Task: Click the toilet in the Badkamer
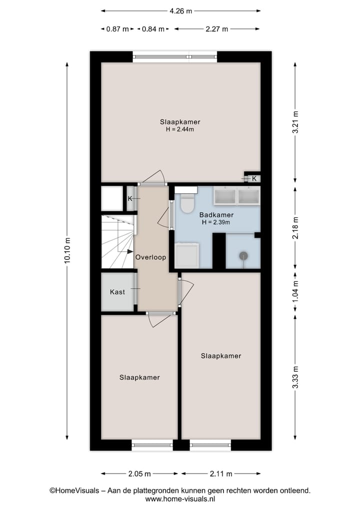(187, 204)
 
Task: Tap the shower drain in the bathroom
(243, 256)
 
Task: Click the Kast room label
(117, 292)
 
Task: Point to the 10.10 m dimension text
(68, 252)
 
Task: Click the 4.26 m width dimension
(180, 10)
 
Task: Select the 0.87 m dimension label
(117, 29)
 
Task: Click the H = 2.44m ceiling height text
(180, 129)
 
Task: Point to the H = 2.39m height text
(216, 222)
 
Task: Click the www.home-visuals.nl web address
(180, 499)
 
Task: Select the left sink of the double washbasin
(225, 196)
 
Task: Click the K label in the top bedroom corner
(254, 178)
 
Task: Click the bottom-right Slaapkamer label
(221, 356)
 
